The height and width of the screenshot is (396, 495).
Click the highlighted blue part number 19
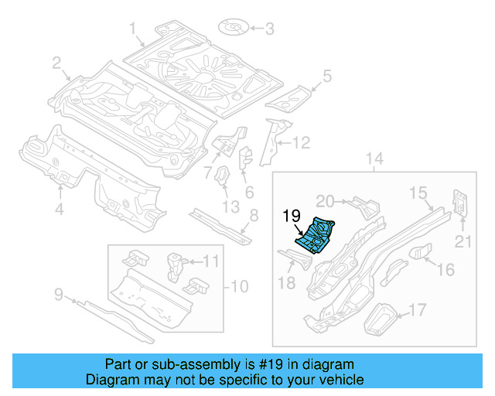(x=316, y=235)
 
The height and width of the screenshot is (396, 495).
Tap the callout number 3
(x=269, y=30)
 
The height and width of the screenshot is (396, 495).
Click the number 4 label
(x=59, y=207)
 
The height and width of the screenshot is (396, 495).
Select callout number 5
(x=326, y=76)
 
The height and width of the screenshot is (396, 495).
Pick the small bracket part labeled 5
(x=290, y=97)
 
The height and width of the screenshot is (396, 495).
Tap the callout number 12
(x=301, y=142)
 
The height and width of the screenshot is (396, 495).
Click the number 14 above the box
(x=374, y=159)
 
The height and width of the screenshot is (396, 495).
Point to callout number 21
(x=463, y=243)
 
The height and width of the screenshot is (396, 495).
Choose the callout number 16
(x=446, y=269)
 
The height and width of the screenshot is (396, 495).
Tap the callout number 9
(x=58, y=294)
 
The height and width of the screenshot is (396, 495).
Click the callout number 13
(x=230, y=207)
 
